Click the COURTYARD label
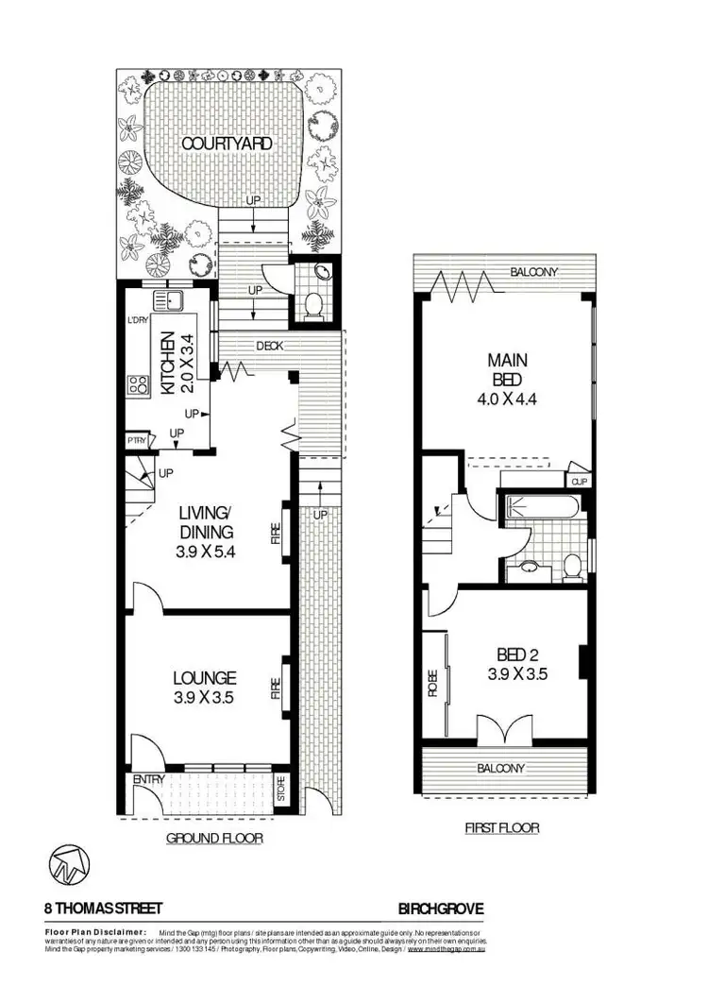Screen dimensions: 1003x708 point(227,144)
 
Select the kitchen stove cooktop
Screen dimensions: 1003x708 point(138,384)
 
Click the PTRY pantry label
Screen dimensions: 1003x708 point(136,441)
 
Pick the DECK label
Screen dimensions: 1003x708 point(268,346)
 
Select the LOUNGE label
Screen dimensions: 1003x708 point(204,677)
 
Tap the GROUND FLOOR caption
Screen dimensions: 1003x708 point(214,838)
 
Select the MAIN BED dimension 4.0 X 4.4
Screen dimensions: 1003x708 point(508,398)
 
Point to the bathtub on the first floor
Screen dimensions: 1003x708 point(542,508)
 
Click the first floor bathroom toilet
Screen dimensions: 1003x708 point(571,566)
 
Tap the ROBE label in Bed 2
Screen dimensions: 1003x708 point(432,681)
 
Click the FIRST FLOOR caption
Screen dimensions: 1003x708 point(501,827)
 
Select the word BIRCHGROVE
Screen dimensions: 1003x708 point(440,909)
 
